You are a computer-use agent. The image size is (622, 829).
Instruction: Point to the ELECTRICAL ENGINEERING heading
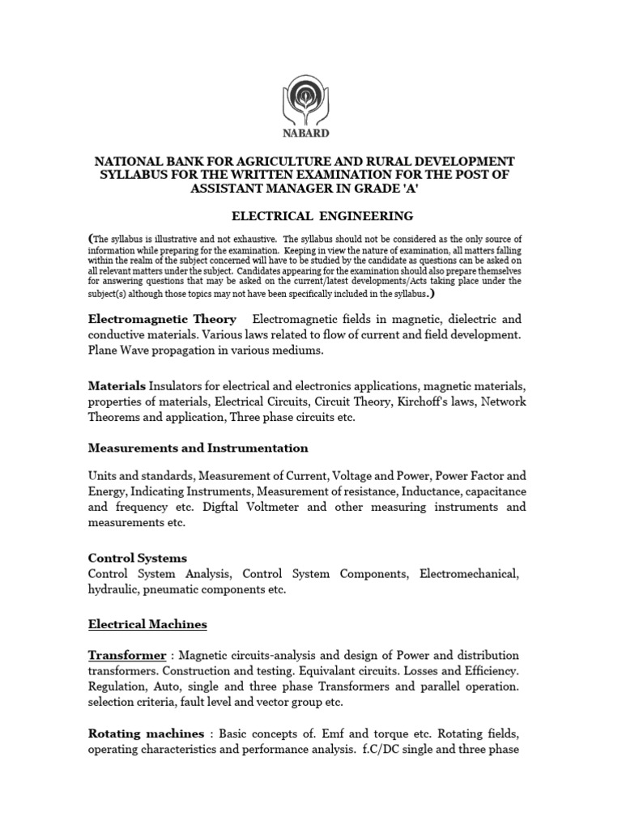[311, 216]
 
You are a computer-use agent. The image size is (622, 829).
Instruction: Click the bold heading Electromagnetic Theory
[162, 319]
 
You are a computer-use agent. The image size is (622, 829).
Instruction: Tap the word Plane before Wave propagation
[104, 350]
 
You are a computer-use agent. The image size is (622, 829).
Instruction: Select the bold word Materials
[117, 385]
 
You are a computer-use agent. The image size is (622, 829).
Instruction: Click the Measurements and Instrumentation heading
[198, 448]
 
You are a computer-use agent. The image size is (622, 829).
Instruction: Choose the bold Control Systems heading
[137, 558]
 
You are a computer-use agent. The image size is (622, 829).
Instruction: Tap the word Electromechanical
[468, 574]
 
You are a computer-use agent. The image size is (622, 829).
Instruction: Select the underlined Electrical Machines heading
[147, 624]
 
